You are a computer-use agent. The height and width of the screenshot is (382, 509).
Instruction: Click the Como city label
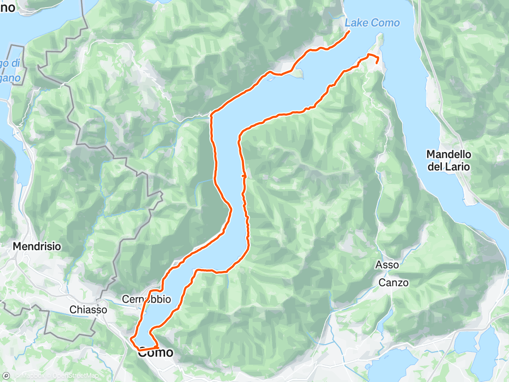click(155, 353)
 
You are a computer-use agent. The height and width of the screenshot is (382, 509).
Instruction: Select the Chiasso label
click(88, 310)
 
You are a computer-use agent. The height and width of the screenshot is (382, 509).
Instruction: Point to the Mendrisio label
click(37, 246)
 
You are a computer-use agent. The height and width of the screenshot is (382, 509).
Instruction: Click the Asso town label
click(387, 265)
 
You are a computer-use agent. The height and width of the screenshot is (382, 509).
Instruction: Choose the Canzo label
click(394, 283)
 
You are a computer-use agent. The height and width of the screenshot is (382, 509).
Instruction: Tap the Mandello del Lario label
click(448, 160)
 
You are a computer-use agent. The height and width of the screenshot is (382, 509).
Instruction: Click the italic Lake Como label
click(372, 23)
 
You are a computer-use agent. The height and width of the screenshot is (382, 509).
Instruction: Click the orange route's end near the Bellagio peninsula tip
click(377, 62)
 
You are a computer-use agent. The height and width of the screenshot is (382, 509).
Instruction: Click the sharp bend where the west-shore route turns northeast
click(211, 114)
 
